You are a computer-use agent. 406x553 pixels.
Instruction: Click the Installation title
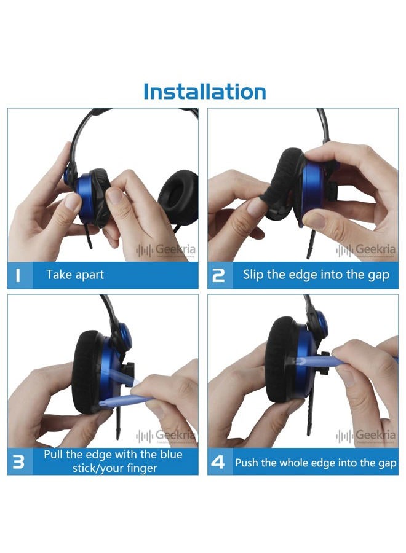(x=204, y=92)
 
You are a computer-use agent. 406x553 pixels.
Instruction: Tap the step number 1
(x=18, y=275)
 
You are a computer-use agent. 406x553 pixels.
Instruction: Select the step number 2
(x=218, y=275)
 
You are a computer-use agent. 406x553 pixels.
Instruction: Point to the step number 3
(x=18, y=461)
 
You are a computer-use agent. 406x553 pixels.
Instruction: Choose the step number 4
(x=218, y=462)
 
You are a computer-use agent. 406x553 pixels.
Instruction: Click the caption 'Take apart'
(x=75, y=275)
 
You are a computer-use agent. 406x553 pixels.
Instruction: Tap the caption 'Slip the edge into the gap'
(x=316, y=275)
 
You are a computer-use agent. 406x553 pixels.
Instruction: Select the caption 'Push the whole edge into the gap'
(x=316, y=462)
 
